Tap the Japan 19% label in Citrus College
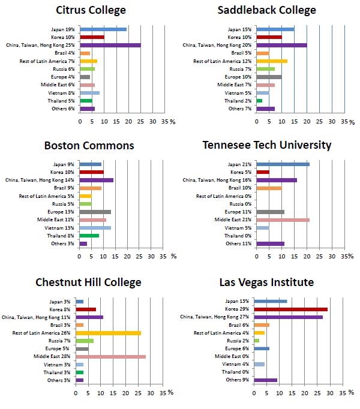point(62,29)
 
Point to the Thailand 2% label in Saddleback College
point(239,101)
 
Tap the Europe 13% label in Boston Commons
point(62,212)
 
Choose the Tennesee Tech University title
point(266,145)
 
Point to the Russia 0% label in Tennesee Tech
point(238,204)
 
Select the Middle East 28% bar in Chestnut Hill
point(110,357)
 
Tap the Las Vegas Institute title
point(266,282)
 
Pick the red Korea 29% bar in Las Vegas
point(291,309)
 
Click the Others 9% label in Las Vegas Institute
point(238,380)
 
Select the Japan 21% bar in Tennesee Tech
point(283,164)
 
